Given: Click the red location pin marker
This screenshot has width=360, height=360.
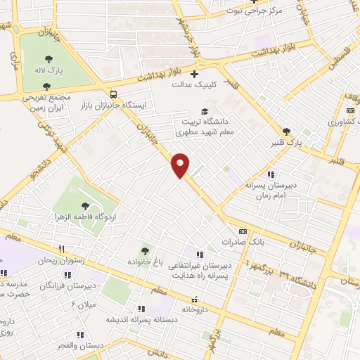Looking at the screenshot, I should (181, 165).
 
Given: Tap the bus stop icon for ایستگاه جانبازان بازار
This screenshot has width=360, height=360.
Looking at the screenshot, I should (112, 94).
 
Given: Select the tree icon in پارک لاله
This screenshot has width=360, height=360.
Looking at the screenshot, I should (49, 60).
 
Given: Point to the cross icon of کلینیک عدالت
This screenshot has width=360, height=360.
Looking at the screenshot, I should (195, 73).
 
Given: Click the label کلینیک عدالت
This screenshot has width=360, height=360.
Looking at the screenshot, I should (193, 84).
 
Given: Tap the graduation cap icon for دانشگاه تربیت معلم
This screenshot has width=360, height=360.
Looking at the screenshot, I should (205, 111).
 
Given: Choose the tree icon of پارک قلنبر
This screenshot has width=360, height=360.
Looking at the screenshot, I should (285, 131).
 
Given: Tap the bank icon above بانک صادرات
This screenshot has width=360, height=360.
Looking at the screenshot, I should (243, 231).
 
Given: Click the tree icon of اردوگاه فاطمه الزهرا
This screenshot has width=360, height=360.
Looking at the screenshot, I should (85, 206).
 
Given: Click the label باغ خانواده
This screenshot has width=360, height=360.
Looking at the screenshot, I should (144, 262).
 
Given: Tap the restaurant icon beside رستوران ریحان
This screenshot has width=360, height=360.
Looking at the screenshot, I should (62, 249).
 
